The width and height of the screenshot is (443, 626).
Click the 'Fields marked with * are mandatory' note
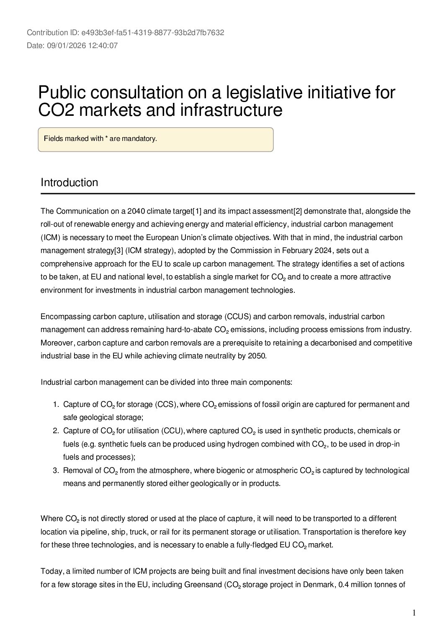click(100, 139)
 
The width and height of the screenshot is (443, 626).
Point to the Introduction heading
click(70, 182)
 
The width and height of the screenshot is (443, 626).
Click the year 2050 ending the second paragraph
click(258, 356)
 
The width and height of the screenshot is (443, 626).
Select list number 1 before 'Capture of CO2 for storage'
click(55, 404)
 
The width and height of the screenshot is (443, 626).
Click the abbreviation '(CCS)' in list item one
click(167, 404)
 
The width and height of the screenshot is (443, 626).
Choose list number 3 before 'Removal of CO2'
click(55, 470)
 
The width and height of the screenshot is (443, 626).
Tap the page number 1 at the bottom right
click(414, 613)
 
